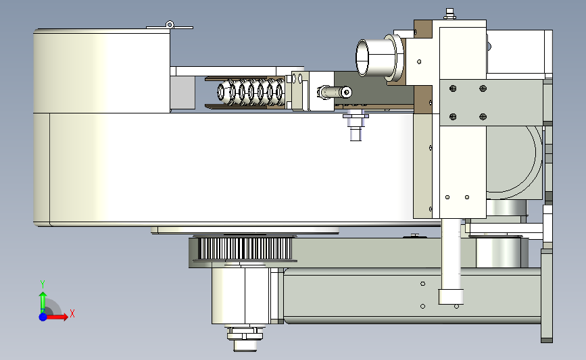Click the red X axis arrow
[x=56, y=317]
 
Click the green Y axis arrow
[x=43, y=303]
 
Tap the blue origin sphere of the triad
[x=43, y=317]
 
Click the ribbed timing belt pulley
[x=245, y=249]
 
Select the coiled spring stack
[x=250, y=91]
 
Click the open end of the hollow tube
[x=362, y=58]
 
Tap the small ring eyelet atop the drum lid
[x=170, y=24]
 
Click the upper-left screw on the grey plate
[x=453, y=88]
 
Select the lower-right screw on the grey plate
[x=483, y=117]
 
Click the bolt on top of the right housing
[x=450, y=14]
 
